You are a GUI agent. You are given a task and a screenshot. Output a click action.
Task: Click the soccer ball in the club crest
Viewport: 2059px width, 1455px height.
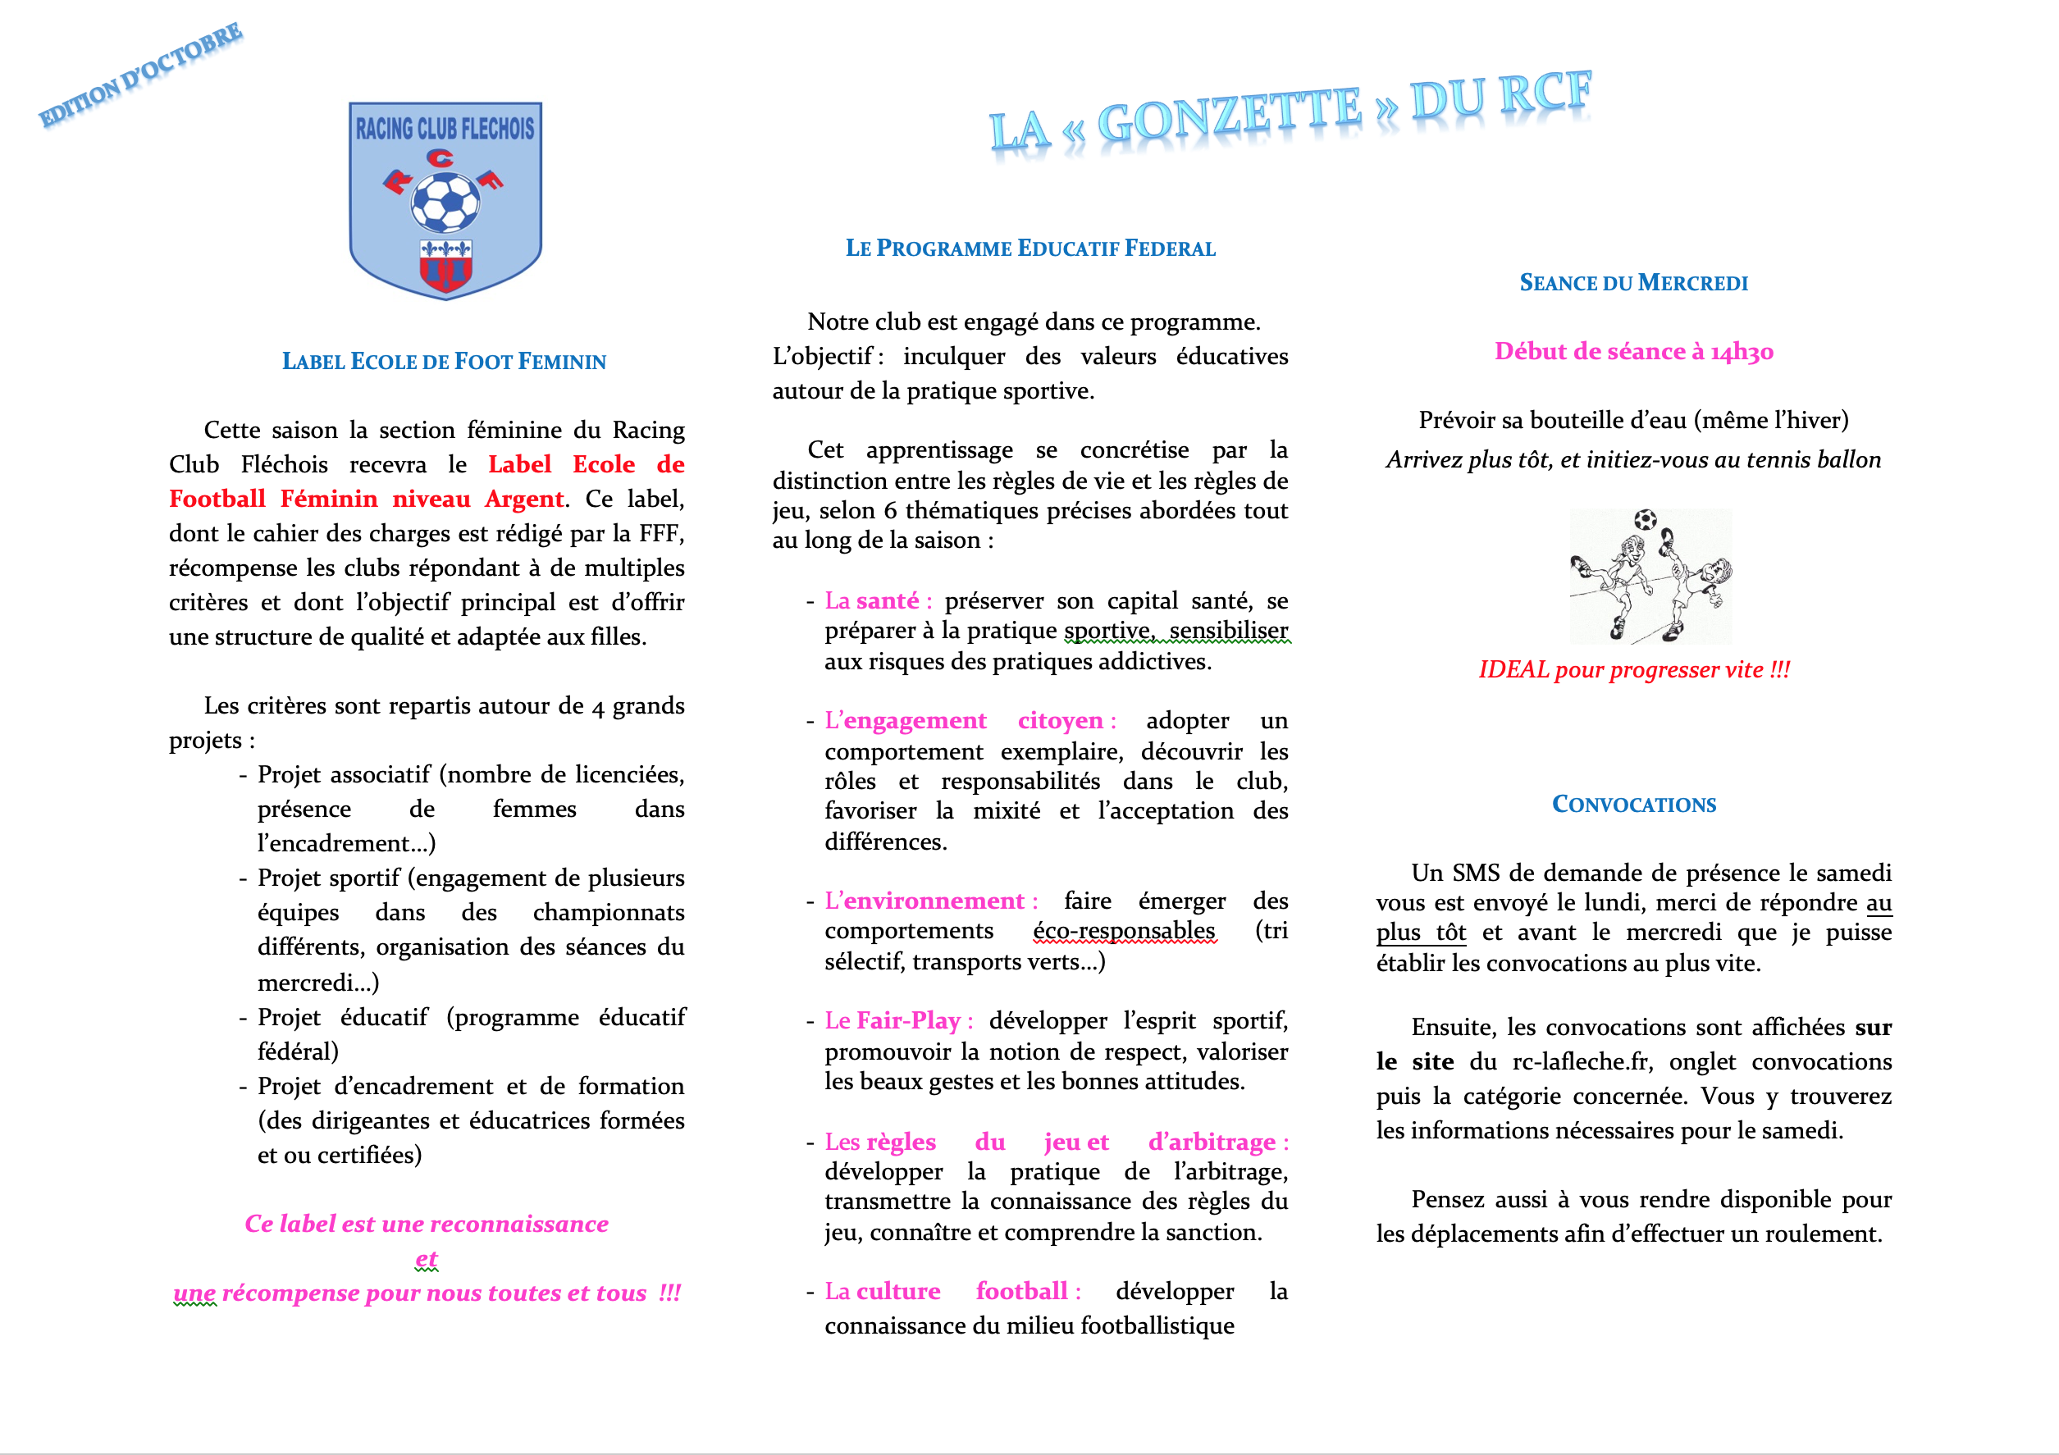(445, 202)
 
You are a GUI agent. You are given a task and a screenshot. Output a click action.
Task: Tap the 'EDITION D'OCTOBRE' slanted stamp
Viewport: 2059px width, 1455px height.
(141, 75)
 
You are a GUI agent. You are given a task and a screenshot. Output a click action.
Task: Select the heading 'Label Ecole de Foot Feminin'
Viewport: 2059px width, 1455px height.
(444, 361)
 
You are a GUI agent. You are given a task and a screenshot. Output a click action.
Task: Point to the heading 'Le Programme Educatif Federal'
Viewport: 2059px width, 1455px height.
(1030, 249)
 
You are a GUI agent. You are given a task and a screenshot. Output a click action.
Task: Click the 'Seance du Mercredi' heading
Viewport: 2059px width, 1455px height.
(1633, 283)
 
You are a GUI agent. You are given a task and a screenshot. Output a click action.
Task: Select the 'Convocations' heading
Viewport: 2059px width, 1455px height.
(1633, 804)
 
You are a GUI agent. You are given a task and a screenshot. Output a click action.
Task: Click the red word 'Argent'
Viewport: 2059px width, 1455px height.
(523, 499)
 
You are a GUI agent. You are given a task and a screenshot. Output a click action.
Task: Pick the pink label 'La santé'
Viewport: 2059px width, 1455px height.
(877, 600)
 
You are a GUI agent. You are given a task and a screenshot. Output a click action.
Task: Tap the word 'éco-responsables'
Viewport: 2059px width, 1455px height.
(1124, 931)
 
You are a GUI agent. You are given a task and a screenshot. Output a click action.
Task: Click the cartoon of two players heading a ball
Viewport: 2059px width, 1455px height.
(1650, 577)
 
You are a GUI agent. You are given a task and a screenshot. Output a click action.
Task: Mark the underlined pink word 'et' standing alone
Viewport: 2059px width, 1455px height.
(426, 1259)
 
